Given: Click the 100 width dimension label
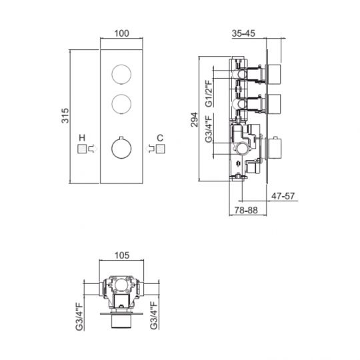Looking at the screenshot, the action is coord(121,33).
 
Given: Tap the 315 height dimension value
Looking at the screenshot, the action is coord(65,115).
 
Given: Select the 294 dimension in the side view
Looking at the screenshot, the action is coord(194,119).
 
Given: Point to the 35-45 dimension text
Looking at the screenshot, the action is coord(243,33).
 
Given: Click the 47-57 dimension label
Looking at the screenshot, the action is coord(283,196).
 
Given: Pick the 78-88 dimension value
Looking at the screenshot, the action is coord(246,210).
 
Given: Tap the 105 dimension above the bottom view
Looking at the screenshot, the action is coord(122,255).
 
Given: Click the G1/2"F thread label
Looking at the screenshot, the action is coord(209,93).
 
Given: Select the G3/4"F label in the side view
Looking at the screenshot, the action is coord(209,129).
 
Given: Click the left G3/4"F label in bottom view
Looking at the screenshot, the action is coord(79,317).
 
